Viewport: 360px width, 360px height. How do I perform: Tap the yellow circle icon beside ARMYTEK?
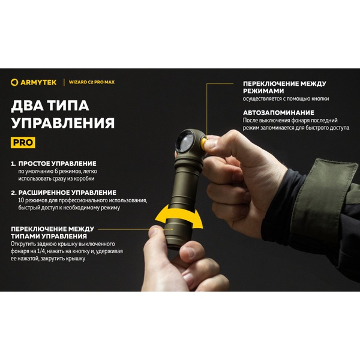14,82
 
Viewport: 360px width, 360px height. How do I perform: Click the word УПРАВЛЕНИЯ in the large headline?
63,124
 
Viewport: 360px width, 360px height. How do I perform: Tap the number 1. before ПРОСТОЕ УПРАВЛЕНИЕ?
14,163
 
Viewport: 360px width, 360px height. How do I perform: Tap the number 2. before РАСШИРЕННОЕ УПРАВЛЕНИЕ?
14,193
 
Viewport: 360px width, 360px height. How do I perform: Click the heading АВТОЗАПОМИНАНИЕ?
278,112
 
